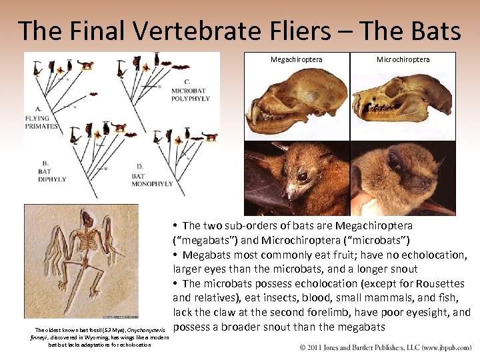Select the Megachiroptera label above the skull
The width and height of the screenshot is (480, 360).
pyautogui.click(x=296, y=59)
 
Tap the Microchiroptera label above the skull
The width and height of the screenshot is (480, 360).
pyautogui.click(x=403, y=59)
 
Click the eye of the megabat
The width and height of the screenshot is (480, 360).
pyautogui.click(x=303, y=177)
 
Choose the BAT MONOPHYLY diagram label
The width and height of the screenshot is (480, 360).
pyautogui.click(x=152, y=180)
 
